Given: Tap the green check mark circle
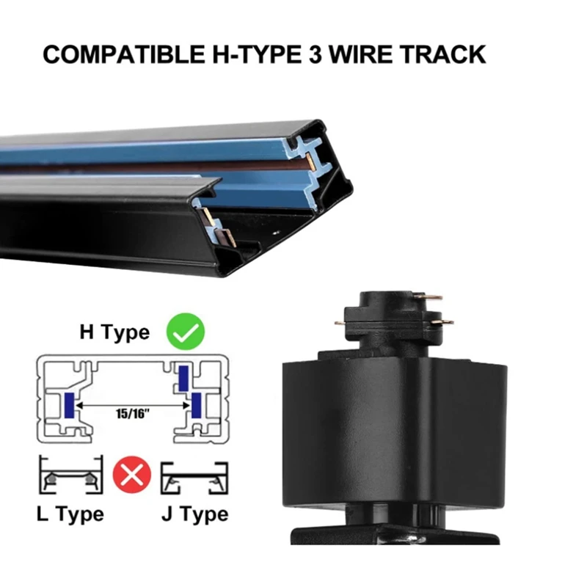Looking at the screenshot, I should pyautogui.click(x=185, y=332).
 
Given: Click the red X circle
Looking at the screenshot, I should pyautogui.click(x=131, y=476).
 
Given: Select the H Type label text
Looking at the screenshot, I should pyautogui.click(x=114, y=332).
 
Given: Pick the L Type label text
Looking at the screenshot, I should pyautogui.click(x=70, y=514).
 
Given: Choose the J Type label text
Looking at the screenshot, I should pyautogui.click(x=194, y=514).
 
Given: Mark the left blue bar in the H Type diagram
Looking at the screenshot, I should pyautogui.click(x=68, y=404).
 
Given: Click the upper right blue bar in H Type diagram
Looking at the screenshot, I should pyautogui.click(x=183, y=376).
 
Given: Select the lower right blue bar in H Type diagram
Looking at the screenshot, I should pyautogui.click(x=197, y=404).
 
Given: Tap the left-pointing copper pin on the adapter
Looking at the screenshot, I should pyautogui.click(x=342, y=321).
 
